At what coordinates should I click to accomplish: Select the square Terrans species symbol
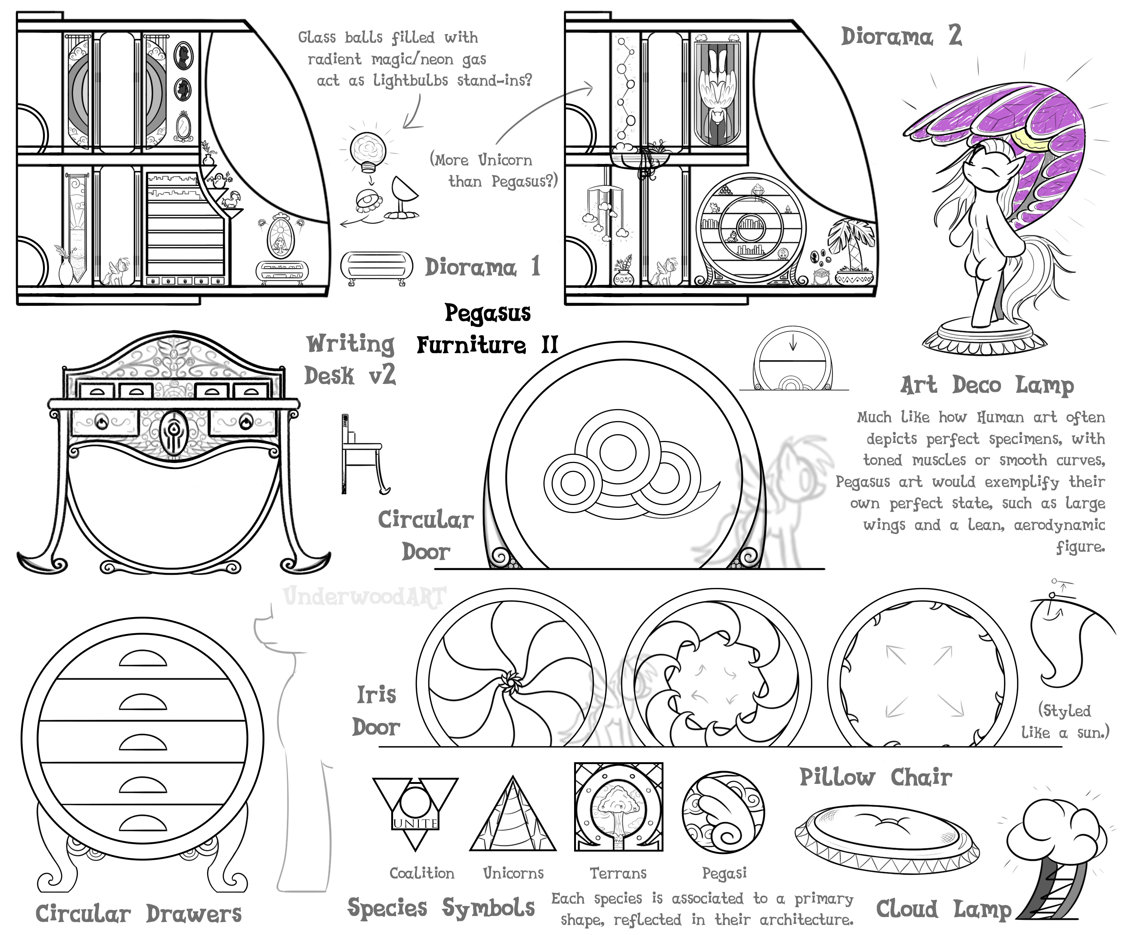pyautogui.click(x=618, y=807)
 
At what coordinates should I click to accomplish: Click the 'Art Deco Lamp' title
pyautogui.click(x=987, y=385)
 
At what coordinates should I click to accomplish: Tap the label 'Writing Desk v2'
pyautogui.click(x=350, y=359)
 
